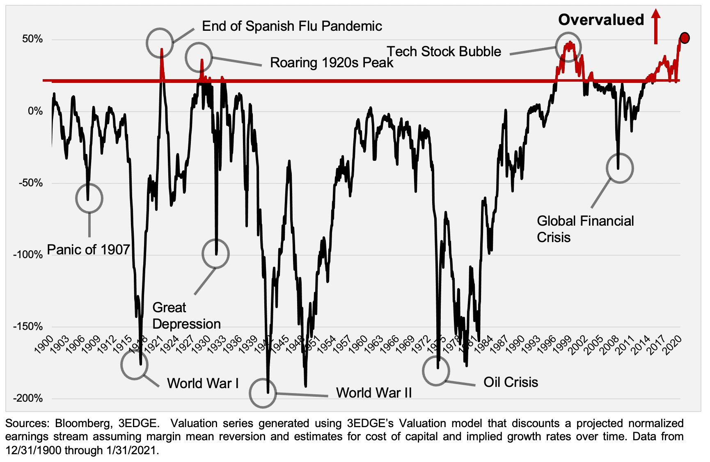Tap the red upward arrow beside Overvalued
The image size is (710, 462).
click(x=655, y=27)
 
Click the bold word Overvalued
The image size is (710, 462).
click(x=601, y=20)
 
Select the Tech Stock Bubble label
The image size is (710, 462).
click(x=444, y=52)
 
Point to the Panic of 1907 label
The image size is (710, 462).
click(x=88, y=249)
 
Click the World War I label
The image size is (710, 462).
click(x=203, y=383)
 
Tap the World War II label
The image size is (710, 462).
click(x=374, y=393)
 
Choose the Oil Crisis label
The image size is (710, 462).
click(x=511, y=382)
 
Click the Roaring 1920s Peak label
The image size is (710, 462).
click(x=332, y=62)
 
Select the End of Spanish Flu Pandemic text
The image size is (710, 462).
click(x=292, y=26)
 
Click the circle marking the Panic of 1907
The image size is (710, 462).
click(x=89, y=198)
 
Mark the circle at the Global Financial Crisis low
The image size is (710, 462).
click(x=620, y=168)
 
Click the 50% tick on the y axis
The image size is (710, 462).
click(x=32, y=39)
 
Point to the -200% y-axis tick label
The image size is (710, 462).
click(x=28, y=398)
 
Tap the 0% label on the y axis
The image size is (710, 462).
click(x=35, y=111)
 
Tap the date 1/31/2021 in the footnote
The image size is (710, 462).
click(x=132, y=451)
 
